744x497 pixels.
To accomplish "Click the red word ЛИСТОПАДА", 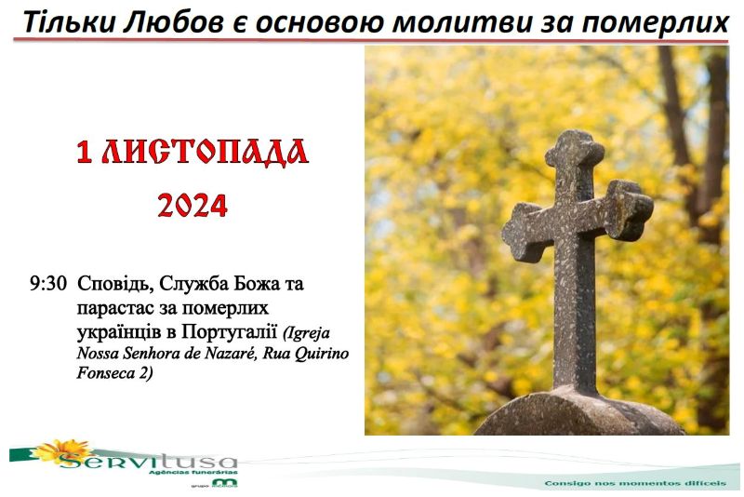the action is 205,152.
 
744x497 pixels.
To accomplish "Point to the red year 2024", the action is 193,205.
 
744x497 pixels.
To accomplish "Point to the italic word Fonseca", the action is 106,373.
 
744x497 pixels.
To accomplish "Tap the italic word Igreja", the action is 307,333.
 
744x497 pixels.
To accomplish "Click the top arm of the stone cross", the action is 575,156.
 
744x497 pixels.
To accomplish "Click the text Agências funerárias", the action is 193,472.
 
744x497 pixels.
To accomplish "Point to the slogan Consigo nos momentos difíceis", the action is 635,483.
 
